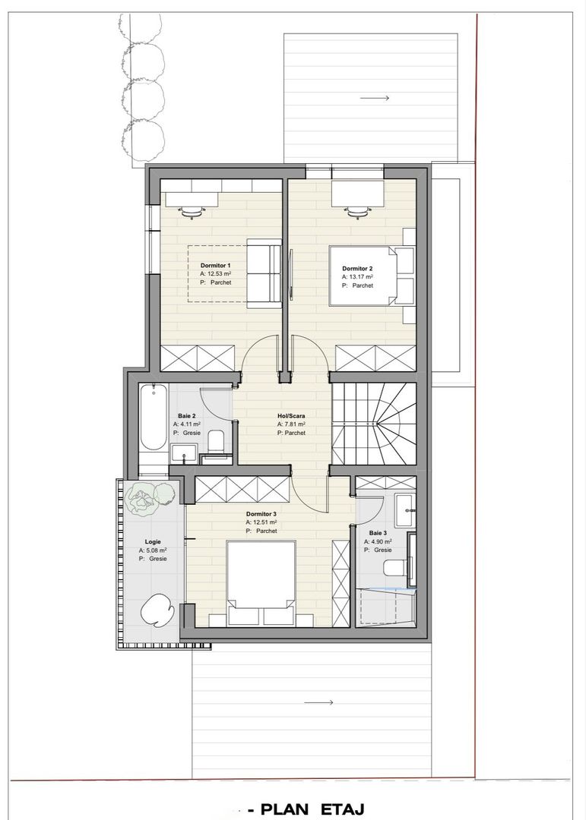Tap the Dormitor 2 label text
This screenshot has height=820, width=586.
[x=357, y=269]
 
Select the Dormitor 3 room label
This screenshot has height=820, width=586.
[x=261, y=514]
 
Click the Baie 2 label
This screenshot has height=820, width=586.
[x=187, y=415]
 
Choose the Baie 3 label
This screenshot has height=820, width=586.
[x=379, y=533]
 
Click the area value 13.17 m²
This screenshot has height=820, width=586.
[x=361, y=277]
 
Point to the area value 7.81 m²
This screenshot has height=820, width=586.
[x=295, y=424]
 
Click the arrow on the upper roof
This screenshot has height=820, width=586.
[x=375, y=98]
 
